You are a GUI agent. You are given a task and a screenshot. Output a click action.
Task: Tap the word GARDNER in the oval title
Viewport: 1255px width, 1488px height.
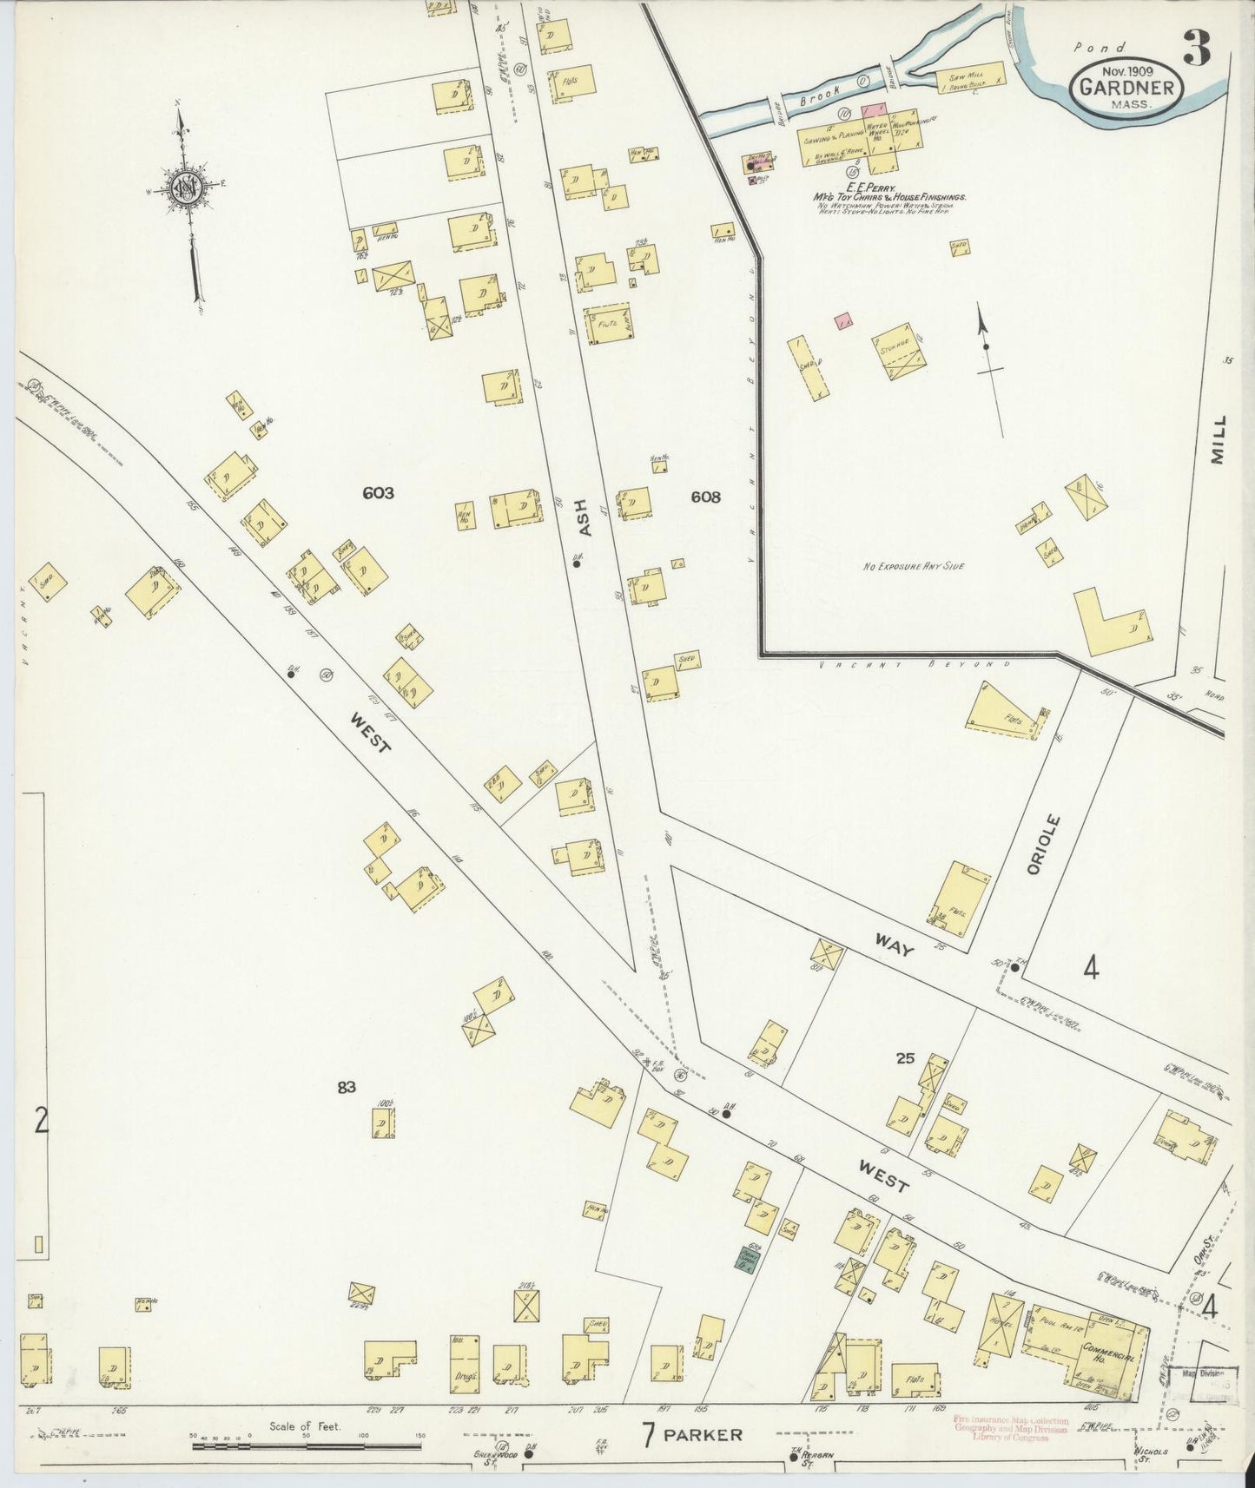(x=1127, y=88)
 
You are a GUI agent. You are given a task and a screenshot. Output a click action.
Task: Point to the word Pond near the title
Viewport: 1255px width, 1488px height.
(x=1099, y=49)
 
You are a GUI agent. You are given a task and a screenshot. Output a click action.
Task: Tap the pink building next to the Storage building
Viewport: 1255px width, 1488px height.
(x=842, y=321)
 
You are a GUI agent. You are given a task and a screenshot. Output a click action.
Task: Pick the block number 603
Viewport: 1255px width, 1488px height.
(x=379, y=493)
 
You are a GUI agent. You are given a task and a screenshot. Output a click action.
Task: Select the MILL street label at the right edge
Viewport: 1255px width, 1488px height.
(x=1219, y=439)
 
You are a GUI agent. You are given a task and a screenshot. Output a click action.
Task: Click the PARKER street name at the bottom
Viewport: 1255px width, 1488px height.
(x=703, y=1434)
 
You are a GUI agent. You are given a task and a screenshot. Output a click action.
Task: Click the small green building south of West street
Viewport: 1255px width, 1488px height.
(x=744, y=1258)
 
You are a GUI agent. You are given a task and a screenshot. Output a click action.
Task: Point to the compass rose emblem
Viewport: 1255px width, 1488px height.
(x=185, y=188)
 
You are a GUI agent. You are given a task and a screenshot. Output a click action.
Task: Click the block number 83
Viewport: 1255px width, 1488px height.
(x=347, y=1087)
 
